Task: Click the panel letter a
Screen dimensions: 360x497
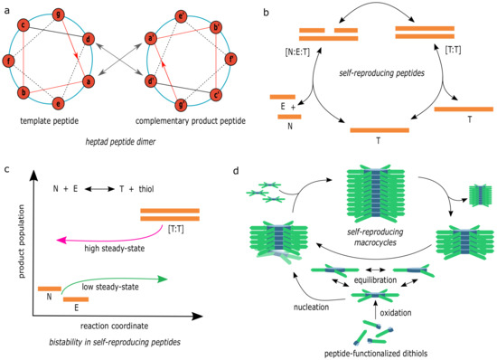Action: coord(7,7)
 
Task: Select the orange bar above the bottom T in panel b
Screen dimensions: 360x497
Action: coord(379,130)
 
